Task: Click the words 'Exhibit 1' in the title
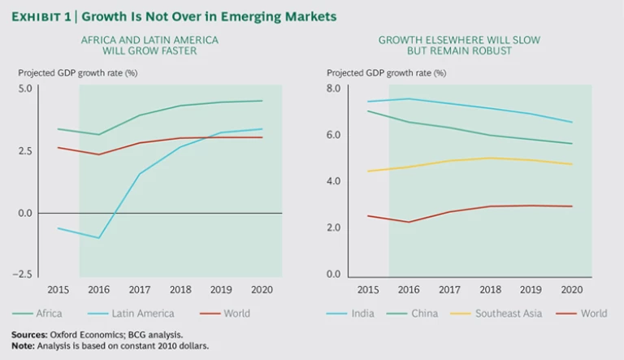click(41, 16)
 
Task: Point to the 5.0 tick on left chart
click(24, 88)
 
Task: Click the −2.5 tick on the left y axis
click(23, 275)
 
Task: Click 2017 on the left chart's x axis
click(139, 290)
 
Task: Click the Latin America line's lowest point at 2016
click(99, 238)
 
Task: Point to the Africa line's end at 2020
click(262, 101)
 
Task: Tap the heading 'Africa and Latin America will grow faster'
click(149, 45)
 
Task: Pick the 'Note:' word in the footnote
click(23, 346)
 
